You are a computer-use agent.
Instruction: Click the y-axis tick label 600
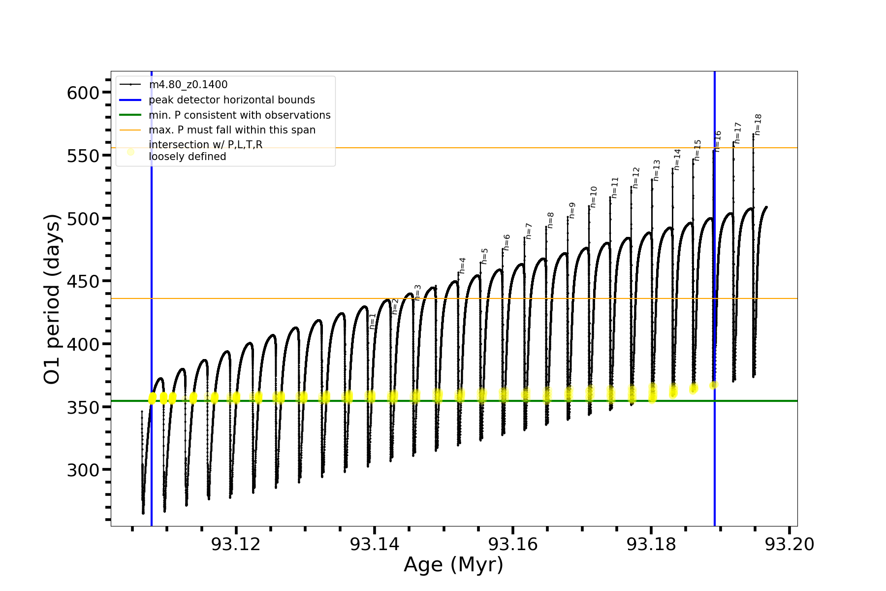[83, 93]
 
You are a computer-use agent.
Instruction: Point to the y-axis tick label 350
[83, 407]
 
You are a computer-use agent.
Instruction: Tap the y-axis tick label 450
[83, 281]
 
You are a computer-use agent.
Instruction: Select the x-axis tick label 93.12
[236, 544]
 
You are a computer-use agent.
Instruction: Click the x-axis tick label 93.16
[512, 544]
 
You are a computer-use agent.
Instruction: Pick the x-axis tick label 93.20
[790, 544]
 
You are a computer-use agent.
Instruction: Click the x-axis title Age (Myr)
[453, 565]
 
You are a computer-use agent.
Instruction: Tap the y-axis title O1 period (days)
[52, 299]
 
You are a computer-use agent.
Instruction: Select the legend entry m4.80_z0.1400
[188, 85]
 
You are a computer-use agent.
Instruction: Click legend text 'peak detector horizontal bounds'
[232, 100]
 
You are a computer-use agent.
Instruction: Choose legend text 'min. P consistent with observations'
[240, 115]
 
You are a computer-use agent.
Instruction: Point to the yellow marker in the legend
[130, 152]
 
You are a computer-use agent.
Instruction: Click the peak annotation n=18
[758, 125]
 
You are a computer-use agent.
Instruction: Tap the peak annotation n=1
[373, 321]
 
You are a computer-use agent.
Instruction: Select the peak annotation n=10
[594, 197]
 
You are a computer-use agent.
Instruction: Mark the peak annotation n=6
[506, 242]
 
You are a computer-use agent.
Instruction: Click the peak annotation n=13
[657, 170]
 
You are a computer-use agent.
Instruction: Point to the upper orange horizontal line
[492, 148]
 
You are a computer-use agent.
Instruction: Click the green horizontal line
[492, 401]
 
